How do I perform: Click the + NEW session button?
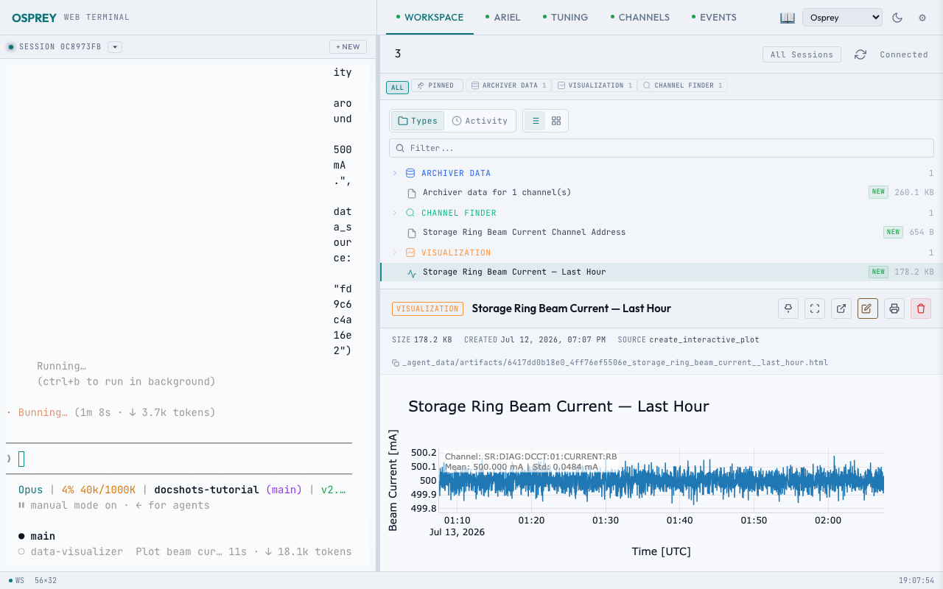tap(348, 46)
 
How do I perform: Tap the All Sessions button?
tap(802, 54)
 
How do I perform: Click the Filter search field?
tap(661, 148)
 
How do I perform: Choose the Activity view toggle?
tap(480, 121)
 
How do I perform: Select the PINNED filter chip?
tap(436, 85)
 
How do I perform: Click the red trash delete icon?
tap(921, 308)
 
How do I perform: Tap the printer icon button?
tap(894, 308)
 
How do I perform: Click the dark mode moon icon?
tap(897, 18)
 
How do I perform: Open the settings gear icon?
tap(922, 18)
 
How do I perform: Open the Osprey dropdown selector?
tap(842, 18)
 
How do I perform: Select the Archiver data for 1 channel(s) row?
tap(497, 192)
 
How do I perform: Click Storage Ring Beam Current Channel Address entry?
tap(524, 232)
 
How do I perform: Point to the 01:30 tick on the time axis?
tap(606, 520)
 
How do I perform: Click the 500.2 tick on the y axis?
tap(424, 453)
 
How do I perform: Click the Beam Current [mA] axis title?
tap(393, 480)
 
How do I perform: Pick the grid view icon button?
tap(556, 121)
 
